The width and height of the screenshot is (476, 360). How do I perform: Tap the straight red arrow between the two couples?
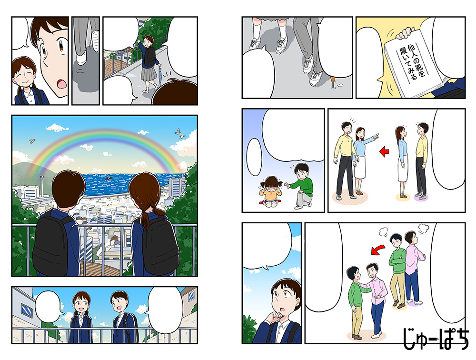[383, 152]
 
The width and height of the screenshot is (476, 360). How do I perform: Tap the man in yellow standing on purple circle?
[421, 160]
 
